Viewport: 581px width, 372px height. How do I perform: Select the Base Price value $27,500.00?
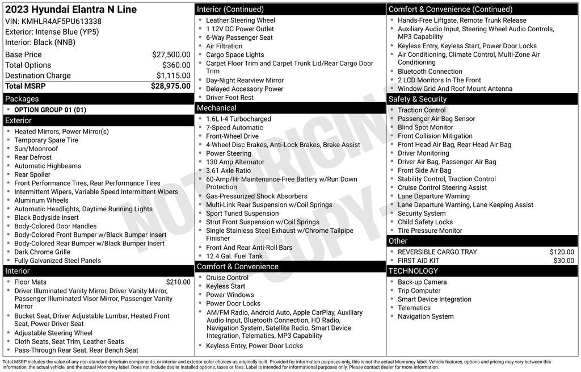[171, 55]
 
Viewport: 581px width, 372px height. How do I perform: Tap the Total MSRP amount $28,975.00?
[170, 86]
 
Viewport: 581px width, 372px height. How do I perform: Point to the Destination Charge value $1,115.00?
[173, 76]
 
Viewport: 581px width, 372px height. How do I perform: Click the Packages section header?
[22, 99]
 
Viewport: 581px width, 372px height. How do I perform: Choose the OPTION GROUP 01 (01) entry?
[50, 110]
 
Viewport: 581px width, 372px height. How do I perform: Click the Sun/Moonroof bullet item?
[36, 149]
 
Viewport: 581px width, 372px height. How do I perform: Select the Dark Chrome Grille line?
[42, 252]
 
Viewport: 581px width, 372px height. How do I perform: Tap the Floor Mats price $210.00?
[178, 282]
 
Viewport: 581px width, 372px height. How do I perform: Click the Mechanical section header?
[217, 108]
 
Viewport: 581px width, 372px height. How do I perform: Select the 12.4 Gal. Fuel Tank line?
[234, 256]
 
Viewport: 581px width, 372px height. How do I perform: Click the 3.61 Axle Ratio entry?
[228, 170]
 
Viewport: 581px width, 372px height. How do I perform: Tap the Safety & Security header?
[418, 99]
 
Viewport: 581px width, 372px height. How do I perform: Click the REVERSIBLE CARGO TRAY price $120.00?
[562, 252]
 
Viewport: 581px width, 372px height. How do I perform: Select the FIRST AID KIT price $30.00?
[563, 261]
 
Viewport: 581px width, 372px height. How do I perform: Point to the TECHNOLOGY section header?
[414, 271]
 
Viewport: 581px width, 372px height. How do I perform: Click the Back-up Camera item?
[422, 282]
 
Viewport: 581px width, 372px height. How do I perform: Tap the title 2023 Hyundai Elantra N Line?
[71, 10]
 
